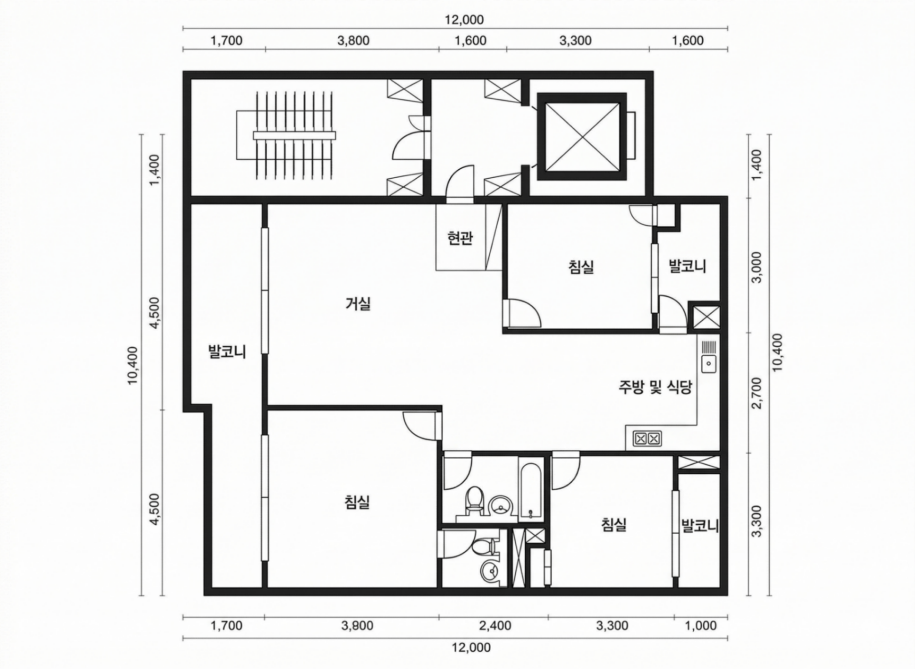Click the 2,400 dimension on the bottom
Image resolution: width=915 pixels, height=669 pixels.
495,626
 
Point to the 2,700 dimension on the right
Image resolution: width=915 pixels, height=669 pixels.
756,393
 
